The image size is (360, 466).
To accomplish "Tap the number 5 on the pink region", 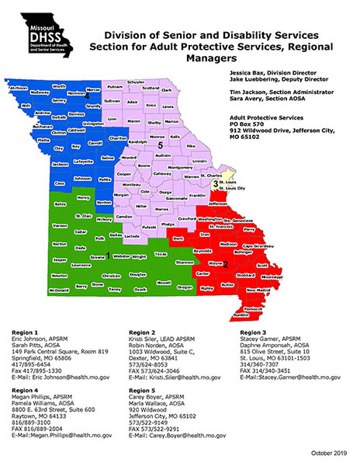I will pyautogui.click(x=160, y=145).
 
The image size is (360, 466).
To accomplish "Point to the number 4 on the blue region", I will pyautogui.click(x=88, y=96).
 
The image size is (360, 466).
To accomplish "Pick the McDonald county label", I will pyautogui.click(x=36, y=290).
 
